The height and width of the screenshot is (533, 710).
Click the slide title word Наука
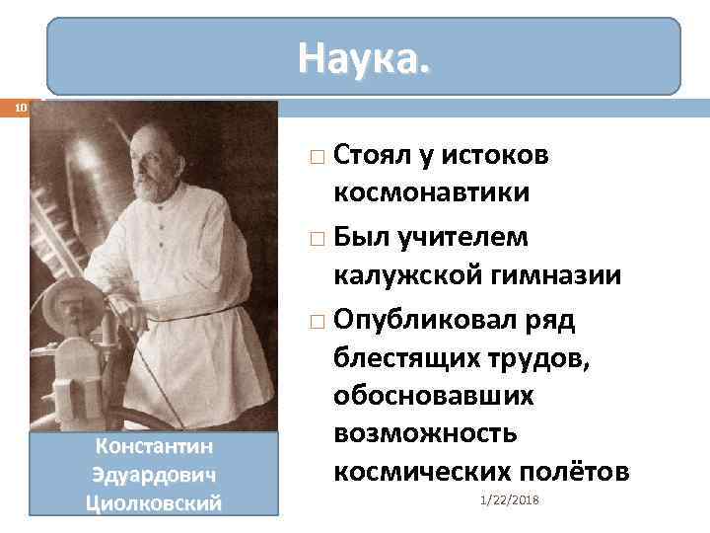coord(365,60)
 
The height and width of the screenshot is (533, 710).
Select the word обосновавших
coord(434,396)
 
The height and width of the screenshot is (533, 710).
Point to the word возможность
coord(426,434)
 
